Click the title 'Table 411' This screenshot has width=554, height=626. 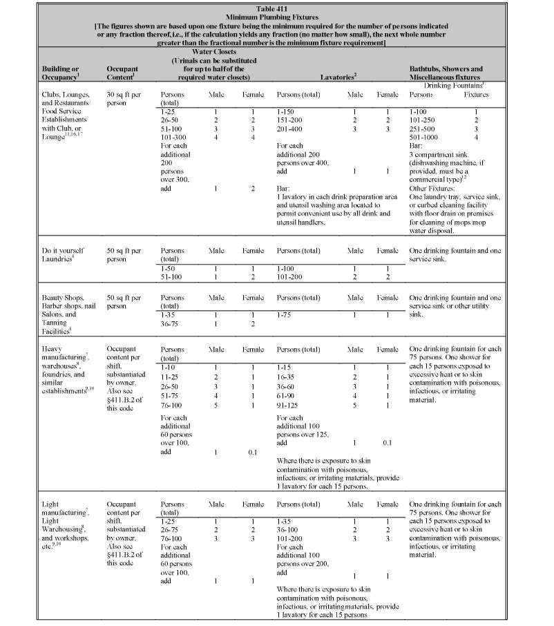[x=276, y=6]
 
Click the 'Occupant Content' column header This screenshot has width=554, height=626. [x=123, y=74]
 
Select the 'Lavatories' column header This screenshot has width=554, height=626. [x=337, y=73]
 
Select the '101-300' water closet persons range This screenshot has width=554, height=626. [x=171, y=138]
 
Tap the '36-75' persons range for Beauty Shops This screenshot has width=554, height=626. [x=170, y=323]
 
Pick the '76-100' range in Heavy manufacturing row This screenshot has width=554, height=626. [x=171, y=404]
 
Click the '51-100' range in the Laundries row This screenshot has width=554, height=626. [x=171, y=276]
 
